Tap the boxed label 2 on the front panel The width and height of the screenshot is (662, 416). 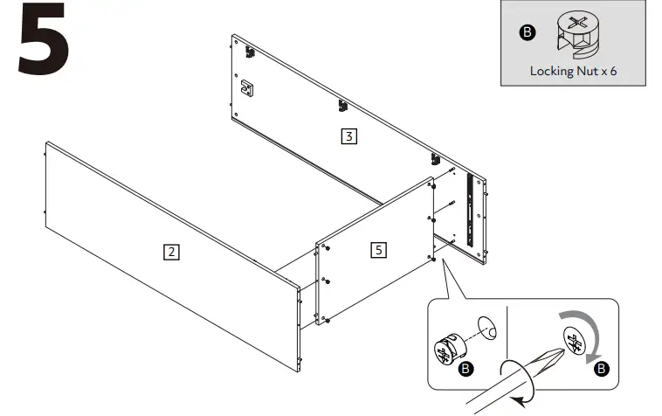tap(172, 253)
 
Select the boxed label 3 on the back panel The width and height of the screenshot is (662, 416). tap(348, 136)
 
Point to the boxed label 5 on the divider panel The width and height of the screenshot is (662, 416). tap(378, 250)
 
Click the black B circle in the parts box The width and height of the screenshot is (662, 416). tap(527, 33)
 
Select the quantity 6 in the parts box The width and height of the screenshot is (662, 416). tap(613, 71)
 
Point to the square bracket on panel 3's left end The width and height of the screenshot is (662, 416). tap(247, 87)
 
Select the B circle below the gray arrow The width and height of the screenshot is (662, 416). tap(600, 370)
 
